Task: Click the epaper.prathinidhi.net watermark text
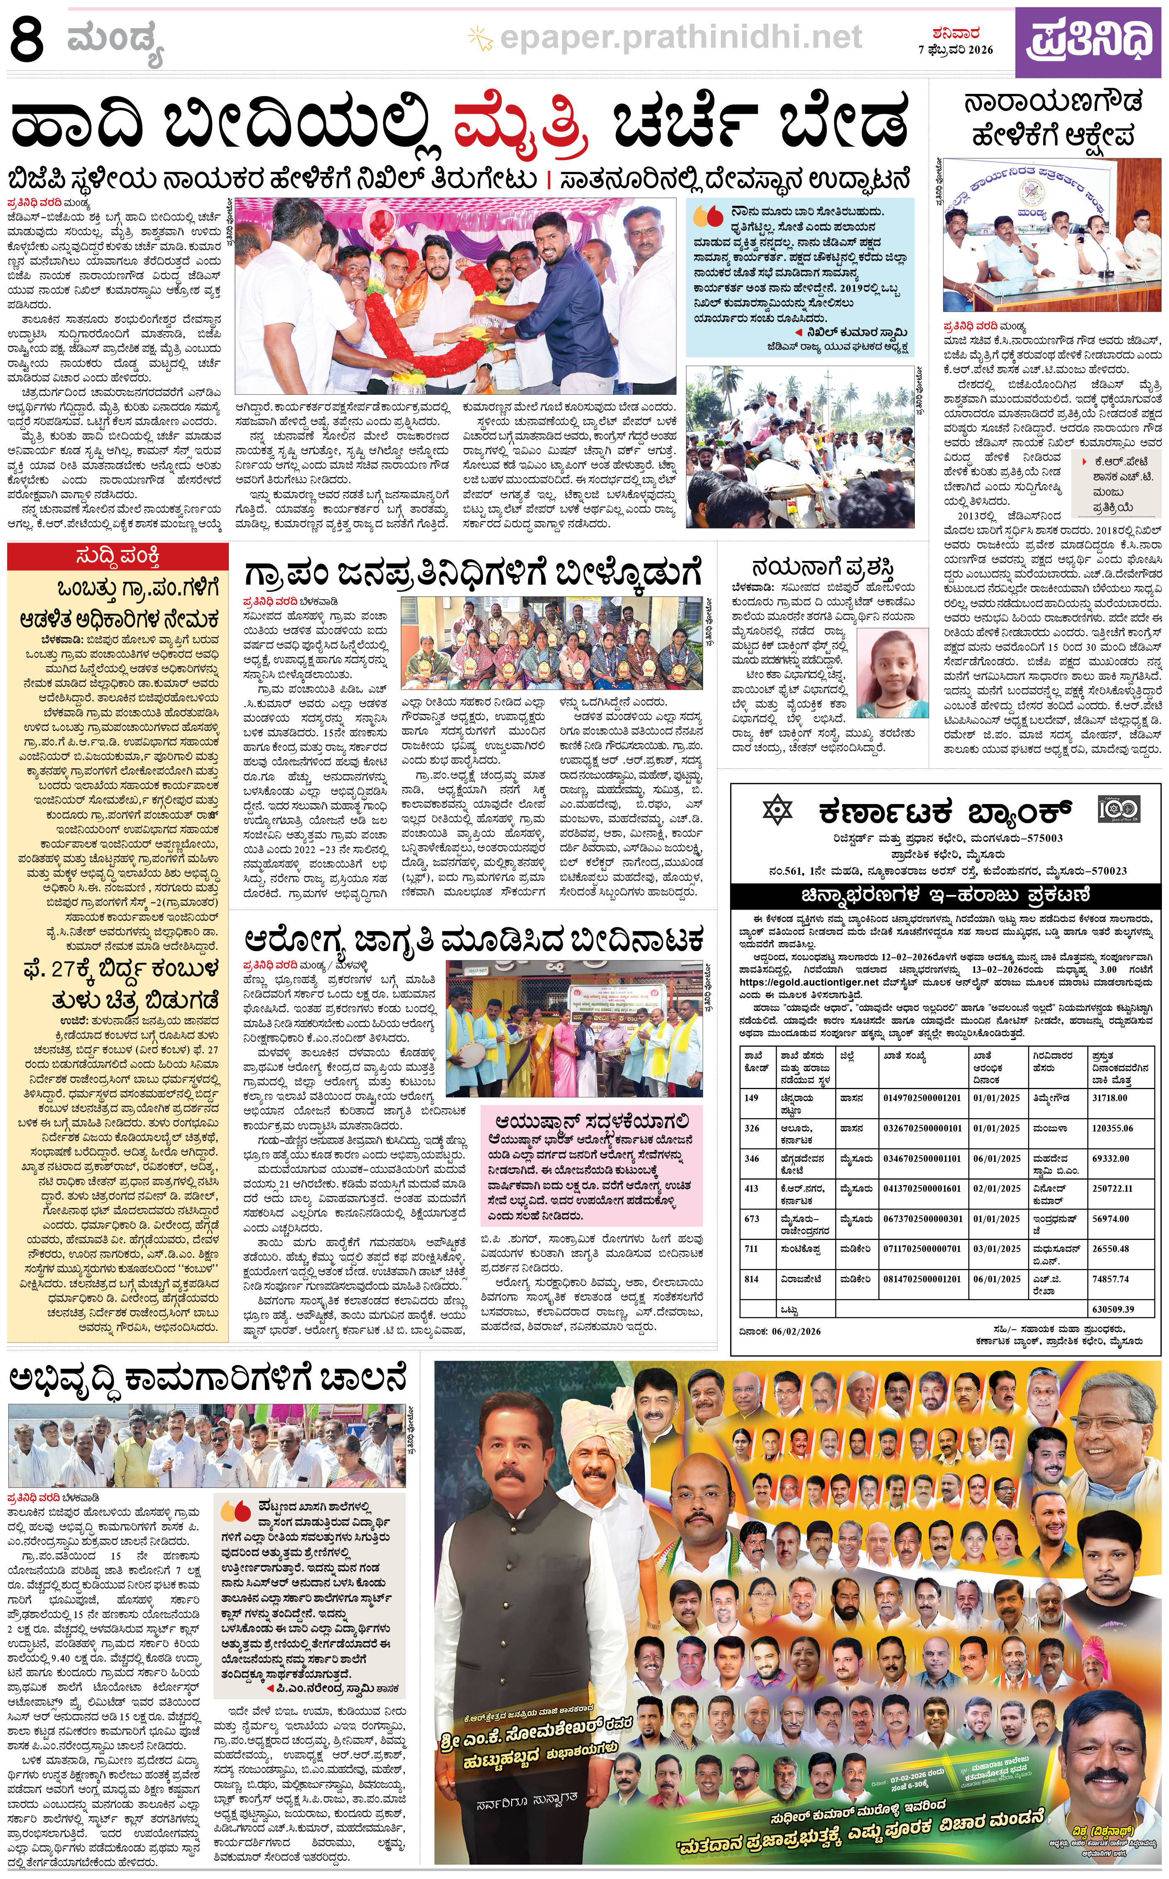click(x=680, y=36)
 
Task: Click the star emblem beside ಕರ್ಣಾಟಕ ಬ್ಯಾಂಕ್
click(x=778, y=811)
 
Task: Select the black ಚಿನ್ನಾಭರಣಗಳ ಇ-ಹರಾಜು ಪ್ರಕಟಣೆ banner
click(x=945, y=896)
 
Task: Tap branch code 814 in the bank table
click(x=752, y=1279)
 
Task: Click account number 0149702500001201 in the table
click(x=921, y=1098)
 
